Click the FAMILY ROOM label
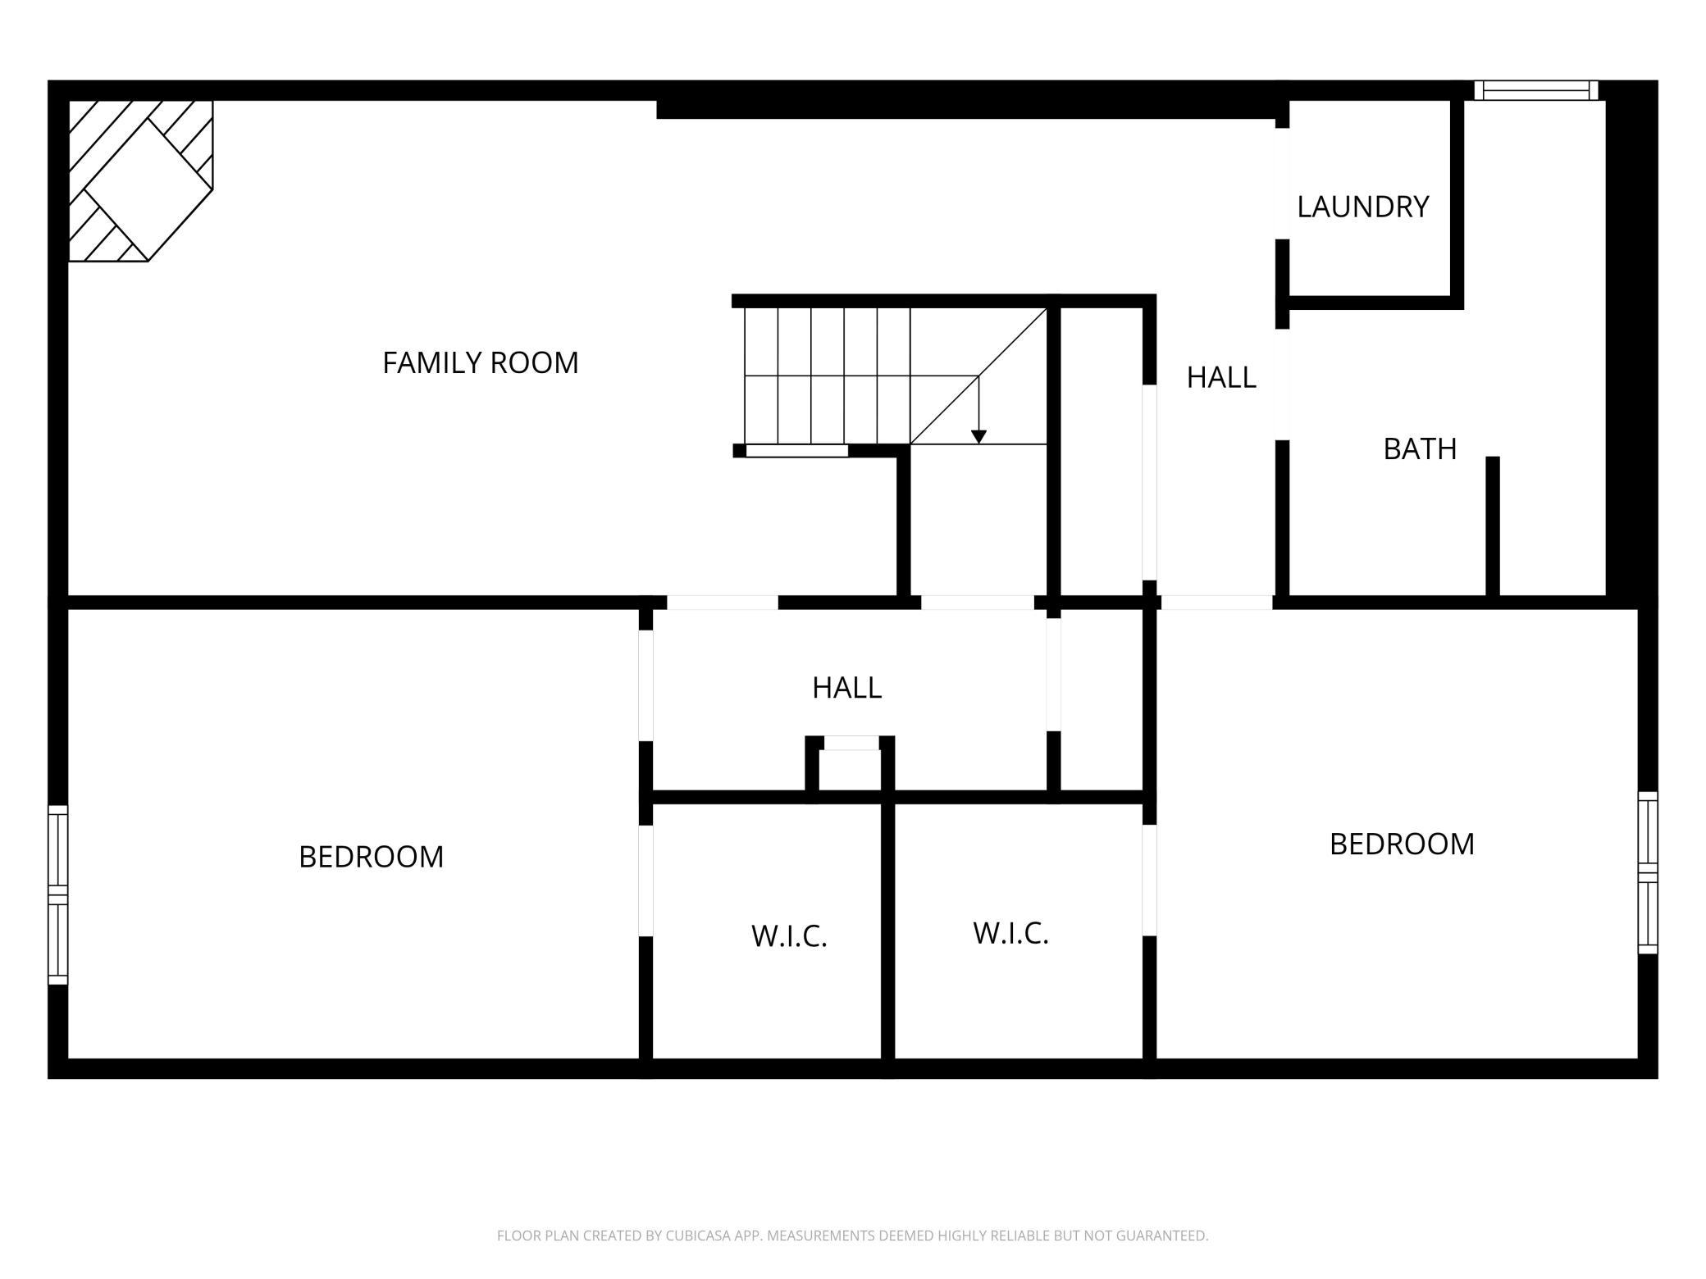[x=481, y=362]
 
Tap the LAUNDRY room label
[x=1363, y=207]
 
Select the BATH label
[x=1420, y=449]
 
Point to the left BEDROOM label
[x=371, y=857]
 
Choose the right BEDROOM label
[x=1402, y=844]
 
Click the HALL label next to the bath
[x=1221, y=377]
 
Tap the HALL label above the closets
[x=846, y=688]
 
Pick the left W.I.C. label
[x=789, y=936]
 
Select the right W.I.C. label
[x=1010, y=933]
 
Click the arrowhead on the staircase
[x=978, y=437]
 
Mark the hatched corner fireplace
[x=140, y=180]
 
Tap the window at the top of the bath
[x=1536, y=90]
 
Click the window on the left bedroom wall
[x=57, y=894]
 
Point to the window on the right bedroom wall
[x=1648, y=872]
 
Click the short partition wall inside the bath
[x=1493, y=526]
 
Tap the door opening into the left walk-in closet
[x=645, y=881]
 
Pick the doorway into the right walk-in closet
[x=1150, y=880]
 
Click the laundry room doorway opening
[x=1282, y=184]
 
